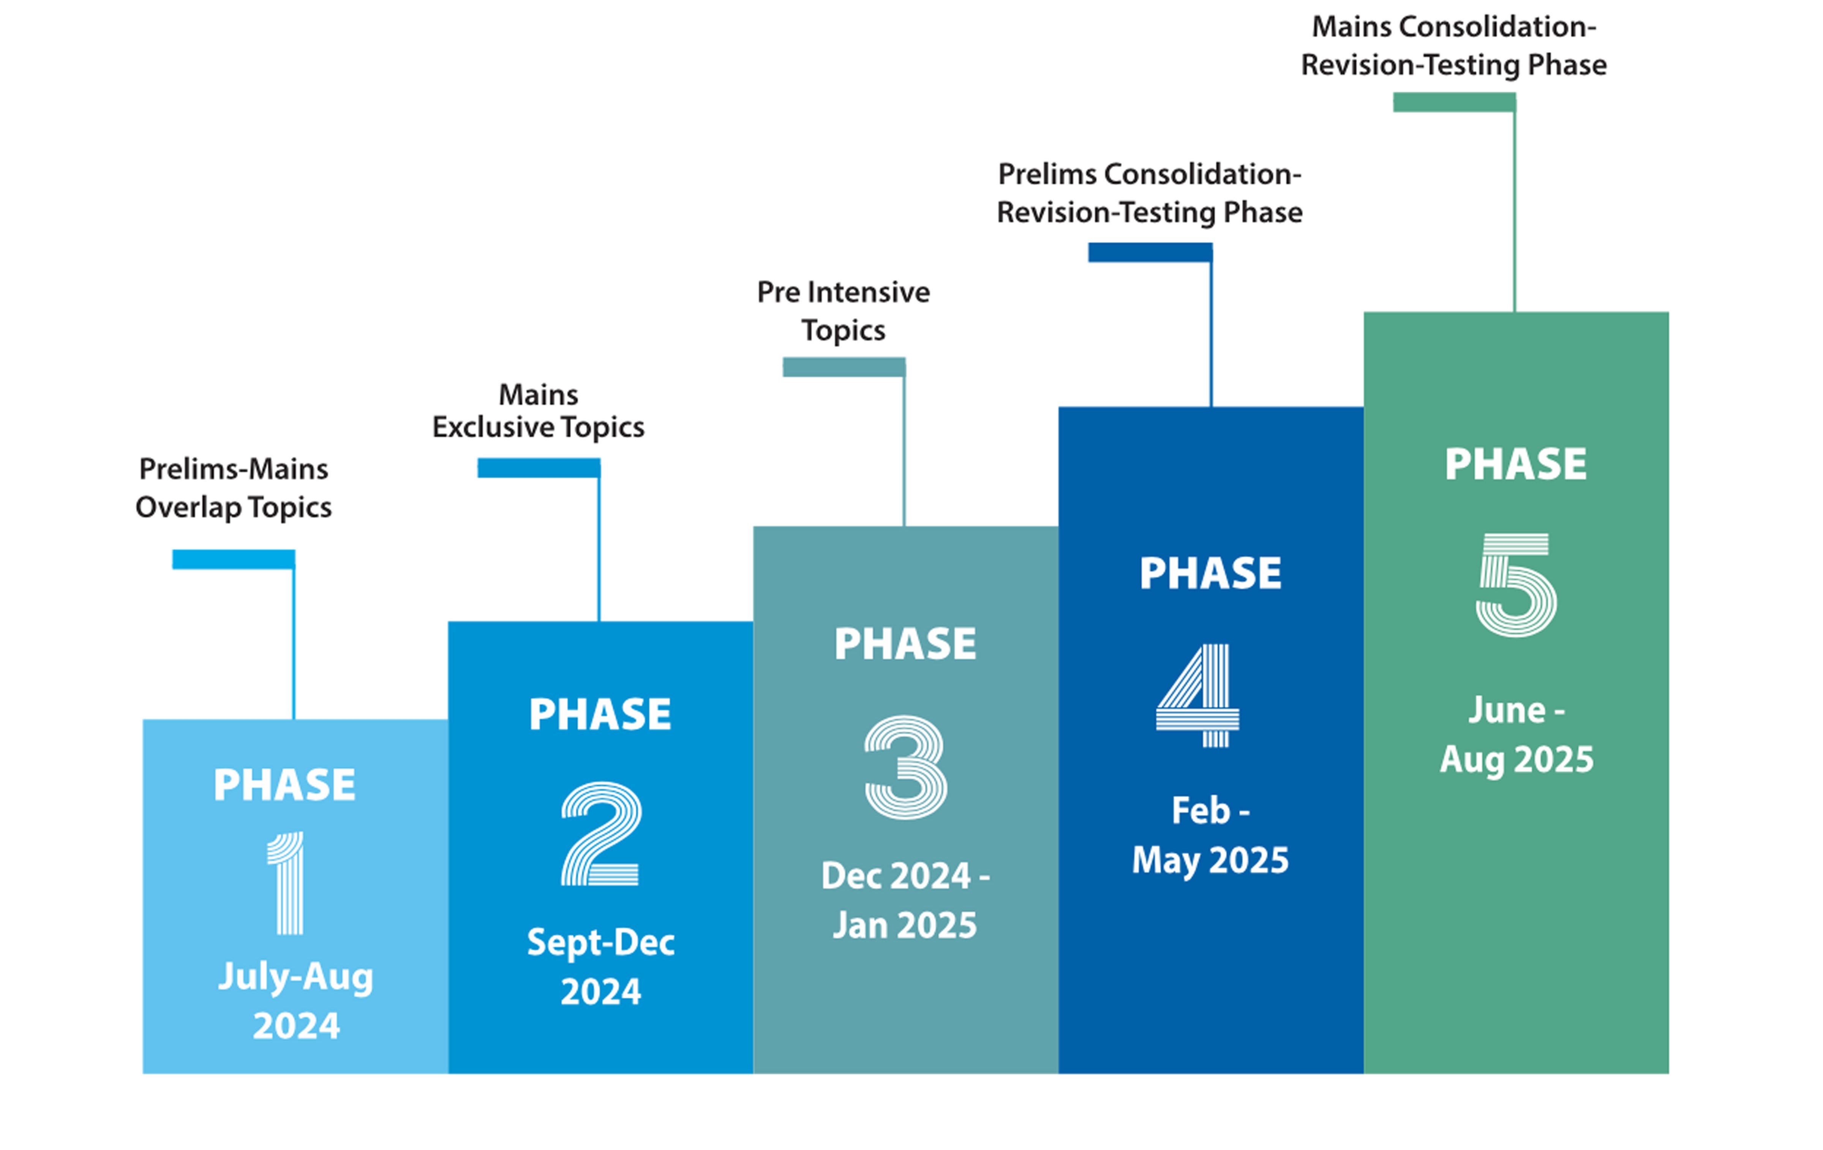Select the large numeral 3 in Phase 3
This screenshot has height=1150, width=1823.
(x=905, y=767)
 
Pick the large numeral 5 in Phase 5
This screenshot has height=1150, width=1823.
(x=1517, y=584)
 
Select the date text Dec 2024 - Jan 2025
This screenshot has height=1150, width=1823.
(x=905, y=900)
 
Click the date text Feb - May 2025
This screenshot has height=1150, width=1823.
(x=1210, y=835)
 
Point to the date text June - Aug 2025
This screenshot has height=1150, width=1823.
(x=1517, y=734)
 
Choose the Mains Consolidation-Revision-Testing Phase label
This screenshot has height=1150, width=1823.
(x=1453, y=46)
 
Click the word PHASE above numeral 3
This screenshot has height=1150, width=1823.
(x=905, y=644)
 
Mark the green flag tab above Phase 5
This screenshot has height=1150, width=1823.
(x=1454, y=102)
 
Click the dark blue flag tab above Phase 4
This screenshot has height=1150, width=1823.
(x=1150, y=252)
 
